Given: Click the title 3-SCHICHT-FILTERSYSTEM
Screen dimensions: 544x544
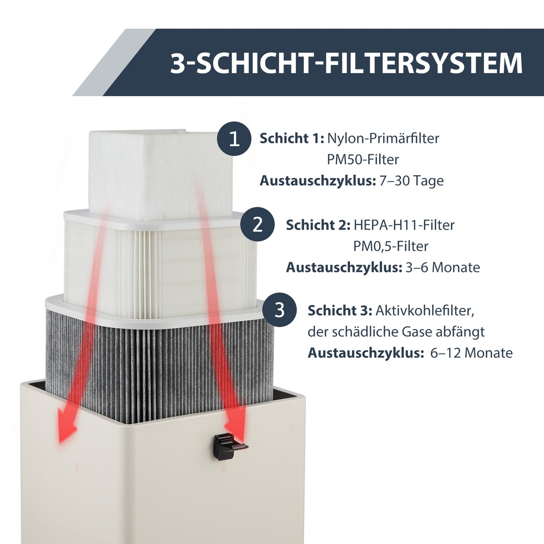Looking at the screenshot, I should coord(346,63).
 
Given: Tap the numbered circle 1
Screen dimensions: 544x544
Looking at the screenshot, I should coord(234,139).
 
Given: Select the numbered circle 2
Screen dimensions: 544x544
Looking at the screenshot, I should coord(258,225).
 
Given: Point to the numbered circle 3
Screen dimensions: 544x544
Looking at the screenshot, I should coord(279,310).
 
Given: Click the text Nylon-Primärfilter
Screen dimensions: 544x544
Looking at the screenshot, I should coord(383,139).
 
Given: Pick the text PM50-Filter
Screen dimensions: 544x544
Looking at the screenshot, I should coord(363,160).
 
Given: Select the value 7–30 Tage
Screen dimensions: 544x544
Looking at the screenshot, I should coord(411,181).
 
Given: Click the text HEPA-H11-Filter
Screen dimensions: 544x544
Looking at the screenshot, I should coord(404,225).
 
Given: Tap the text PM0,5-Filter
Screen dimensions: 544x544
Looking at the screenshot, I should coord(390,247).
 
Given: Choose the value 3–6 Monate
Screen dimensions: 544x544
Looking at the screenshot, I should coord(442,268).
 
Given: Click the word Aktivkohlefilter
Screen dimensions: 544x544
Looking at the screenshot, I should coord(425,311).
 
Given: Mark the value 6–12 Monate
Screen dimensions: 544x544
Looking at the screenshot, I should coord(471,353).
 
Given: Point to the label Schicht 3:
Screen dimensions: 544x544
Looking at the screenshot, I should coord(340,311).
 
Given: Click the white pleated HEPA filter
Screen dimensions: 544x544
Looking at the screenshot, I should coord(158,264).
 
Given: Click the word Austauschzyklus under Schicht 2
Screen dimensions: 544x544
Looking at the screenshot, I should coord(344,268).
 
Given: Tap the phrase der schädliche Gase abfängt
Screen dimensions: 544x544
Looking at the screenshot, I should coord(396,332).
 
